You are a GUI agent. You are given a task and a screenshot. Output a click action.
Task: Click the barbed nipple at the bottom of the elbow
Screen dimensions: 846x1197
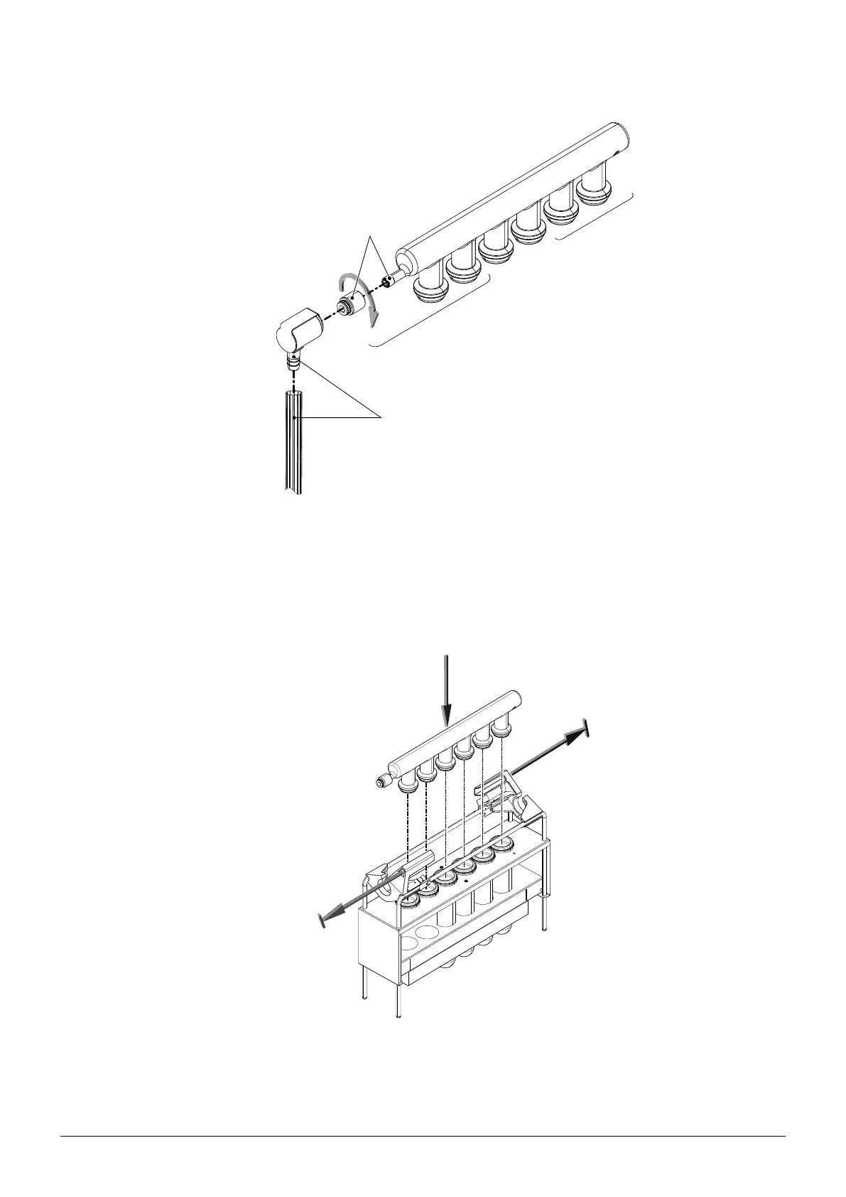291,364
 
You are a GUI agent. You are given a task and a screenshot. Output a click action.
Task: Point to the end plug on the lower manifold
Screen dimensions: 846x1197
384,782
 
